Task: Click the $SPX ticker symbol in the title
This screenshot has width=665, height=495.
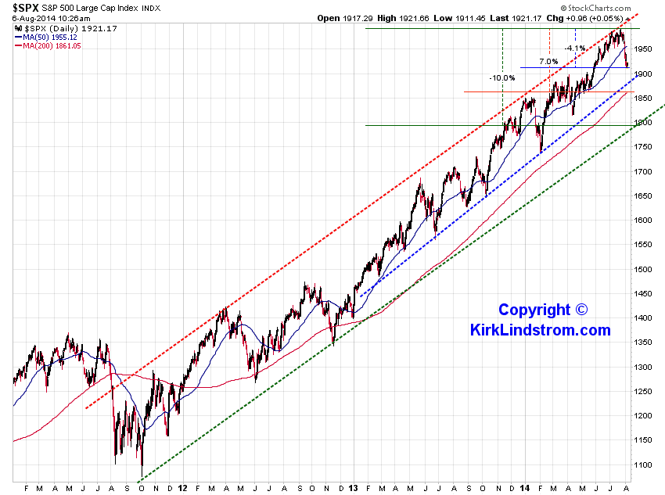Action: click(26, 8)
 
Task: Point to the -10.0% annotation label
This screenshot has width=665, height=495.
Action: click(502, 78)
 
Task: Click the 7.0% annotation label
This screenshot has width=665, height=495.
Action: click(548, 62)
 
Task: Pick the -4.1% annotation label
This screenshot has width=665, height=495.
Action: click(575, 48)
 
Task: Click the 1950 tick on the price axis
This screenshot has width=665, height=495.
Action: click(643, 49)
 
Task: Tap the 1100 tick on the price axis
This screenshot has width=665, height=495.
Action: click(643, 465)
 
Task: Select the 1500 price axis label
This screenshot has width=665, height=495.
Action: click(643, 270)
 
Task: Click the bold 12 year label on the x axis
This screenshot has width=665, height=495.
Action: click(182, 488)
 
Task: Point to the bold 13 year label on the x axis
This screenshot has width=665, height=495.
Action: click(354, 488)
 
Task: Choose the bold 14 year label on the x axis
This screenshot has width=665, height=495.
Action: click(525, 488)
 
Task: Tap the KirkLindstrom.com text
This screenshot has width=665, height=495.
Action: click(541, 330)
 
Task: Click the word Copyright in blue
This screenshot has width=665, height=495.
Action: click(534, 310)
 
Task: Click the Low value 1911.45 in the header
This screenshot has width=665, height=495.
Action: click(470, 18)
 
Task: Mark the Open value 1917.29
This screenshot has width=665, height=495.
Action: click(358, 18)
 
